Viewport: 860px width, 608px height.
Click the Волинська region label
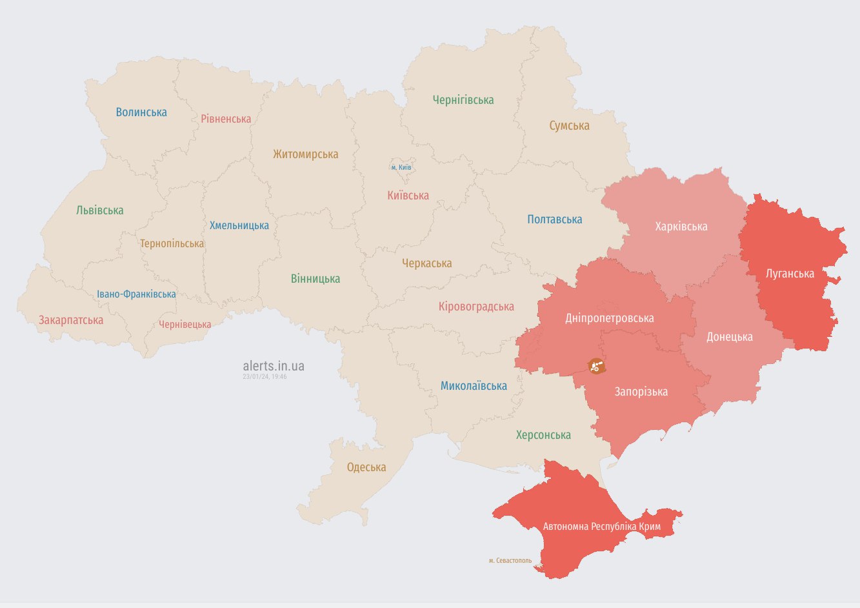click(141, 112)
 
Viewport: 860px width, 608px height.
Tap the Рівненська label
click(226, 119)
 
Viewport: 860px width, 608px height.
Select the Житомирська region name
click(305, 154)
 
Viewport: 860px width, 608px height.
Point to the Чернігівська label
click(463, 100)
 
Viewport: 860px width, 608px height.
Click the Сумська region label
click(569, 126)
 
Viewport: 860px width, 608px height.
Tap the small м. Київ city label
click(401, 168)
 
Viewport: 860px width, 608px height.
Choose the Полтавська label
click(554, 219)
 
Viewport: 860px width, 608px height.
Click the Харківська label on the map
click(681, 227)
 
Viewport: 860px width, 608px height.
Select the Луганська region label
click(790, 274)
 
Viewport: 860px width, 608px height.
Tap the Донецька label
click(729, 337)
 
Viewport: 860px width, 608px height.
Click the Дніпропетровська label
click(609, 318)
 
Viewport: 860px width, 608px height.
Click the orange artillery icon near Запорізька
click(595, 366)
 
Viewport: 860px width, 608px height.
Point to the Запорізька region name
click(641, 392)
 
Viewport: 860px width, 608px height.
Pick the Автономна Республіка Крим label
click(601, 527)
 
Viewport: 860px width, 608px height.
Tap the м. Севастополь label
click(510, 560)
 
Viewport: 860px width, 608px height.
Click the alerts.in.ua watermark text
click(274, 366)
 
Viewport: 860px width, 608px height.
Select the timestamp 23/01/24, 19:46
click(265, 376)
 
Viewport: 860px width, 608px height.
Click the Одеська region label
click(366, 467)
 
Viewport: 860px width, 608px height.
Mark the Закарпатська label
click(71, 320)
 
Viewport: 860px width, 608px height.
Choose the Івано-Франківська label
click(136, 294)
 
